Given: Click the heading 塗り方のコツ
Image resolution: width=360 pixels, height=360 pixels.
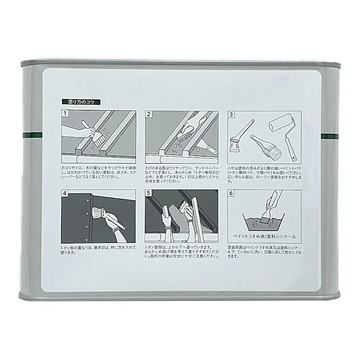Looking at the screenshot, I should pyautogui.click(x=81, y=102).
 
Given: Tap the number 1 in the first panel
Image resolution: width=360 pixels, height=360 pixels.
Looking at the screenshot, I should pyautogui.click(x=66, y=114).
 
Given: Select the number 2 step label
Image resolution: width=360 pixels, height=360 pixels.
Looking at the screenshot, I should pyautogui.click(x=149, y=114).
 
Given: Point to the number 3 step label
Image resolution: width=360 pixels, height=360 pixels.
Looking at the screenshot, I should pyautogui.click(x=232, y=114).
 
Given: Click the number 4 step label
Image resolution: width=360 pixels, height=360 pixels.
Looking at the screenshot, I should pyautogui.click(x=66, y=193).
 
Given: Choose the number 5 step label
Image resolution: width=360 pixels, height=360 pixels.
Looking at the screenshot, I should pyautogui.click(x=149, y=193).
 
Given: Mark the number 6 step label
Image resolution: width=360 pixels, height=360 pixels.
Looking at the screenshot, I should pyautogui.click(x=232, y=193).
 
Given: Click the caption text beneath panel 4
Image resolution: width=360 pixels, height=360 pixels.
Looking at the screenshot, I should pyautogui.click(x=96, y=250).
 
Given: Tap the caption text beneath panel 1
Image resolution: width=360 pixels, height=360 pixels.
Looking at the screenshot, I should pyautogui.click(x=98, y=169).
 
